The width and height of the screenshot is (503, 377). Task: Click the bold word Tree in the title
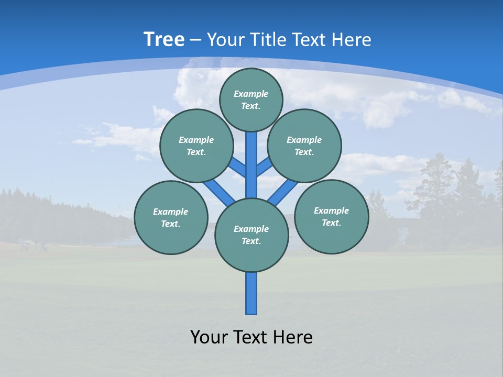point(164,40)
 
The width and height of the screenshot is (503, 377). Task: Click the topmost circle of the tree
point(251,99)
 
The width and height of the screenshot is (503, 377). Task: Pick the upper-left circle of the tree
point(196,146)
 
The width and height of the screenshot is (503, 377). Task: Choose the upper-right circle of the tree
point(304,146)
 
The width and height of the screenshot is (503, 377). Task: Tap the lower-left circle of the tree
point(171,217)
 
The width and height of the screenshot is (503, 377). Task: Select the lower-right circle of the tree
point(331,216)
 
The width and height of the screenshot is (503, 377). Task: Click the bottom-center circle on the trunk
point(251,235)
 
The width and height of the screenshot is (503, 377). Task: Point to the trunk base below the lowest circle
point(251,293)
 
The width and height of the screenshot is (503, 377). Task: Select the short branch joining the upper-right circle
point(264,167)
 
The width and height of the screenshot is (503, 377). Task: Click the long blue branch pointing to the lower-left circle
point(218,192)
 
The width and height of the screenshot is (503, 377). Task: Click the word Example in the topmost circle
point(251,94)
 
